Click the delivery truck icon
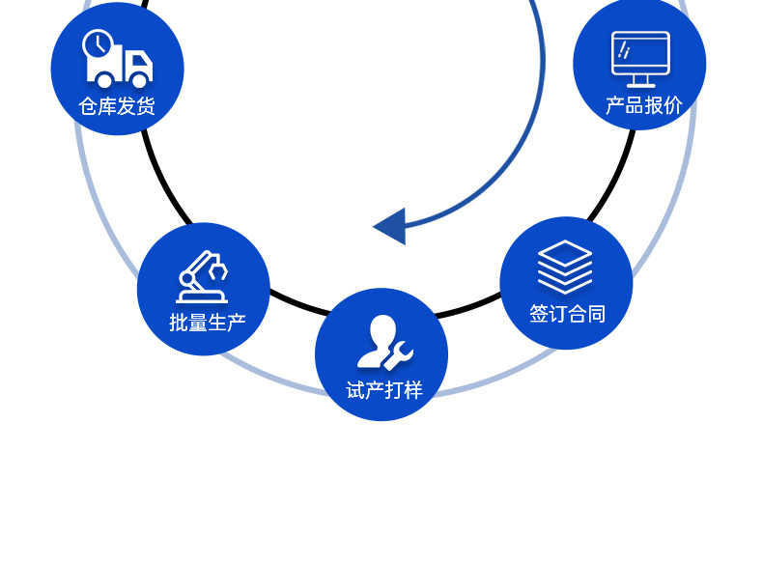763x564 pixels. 118,60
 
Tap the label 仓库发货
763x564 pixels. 117,106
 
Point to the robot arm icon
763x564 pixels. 202,277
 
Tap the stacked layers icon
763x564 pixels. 565,268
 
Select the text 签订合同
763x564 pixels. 567,314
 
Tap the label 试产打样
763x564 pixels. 384,390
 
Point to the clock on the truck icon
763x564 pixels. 97,43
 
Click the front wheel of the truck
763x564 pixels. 139,80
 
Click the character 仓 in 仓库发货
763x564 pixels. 88,106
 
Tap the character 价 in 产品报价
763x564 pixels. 672,105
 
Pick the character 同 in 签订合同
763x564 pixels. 596,314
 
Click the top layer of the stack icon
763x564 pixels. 565,253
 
